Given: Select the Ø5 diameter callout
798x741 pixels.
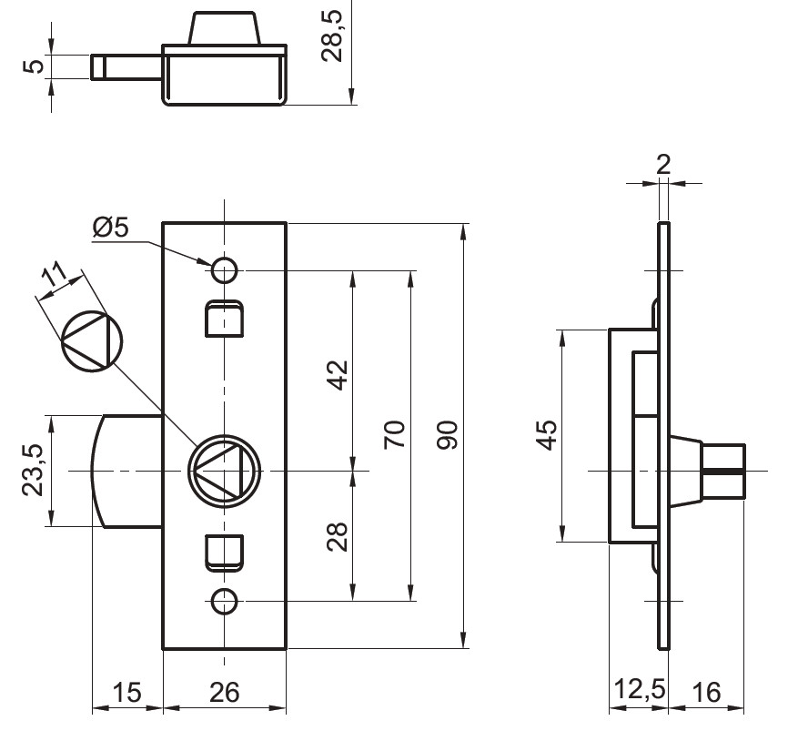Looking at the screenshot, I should coord(110,228).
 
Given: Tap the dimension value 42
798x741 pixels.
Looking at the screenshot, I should coord(338,374).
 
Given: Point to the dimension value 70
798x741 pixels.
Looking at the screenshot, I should coord(394,435).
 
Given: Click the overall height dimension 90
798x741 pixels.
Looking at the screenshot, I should coord(448,435).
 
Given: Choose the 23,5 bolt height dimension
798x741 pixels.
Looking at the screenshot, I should coord(33,470).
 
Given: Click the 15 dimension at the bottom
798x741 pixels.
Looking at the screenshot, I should coord(126,694).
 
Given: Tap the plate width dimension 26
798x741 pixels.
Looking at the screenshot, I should coord(223,694).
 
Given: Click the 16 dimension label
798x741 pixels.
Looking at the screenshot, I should coord(705,694).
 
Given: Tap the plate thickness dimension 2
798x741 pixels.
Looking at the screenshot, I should coord(663,164).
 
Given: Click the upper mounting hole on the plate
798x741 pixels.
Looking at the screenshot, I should coord(225,269).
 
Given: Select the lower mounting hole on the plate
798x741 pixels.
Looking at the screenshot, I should coord(225,601).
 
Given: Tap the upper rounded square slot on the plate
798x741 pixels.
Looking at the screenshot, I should coord(225,318).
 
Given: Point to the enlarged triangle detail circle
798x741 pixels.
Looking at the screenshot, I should coord(90,341).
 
